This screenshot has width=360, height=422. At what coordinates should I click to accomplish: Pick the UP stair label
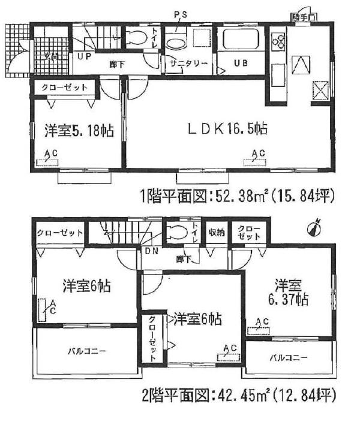[x=85, y=58]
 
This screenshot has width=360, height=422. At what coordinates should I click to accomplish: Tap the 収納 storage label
[x=217, y=233]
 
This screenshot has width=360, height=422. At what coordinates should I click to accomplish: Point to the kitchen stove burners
[x=279, y=40]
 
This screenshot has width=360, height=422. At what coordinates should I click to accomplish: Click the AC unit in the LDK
[x=256, y=161]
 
